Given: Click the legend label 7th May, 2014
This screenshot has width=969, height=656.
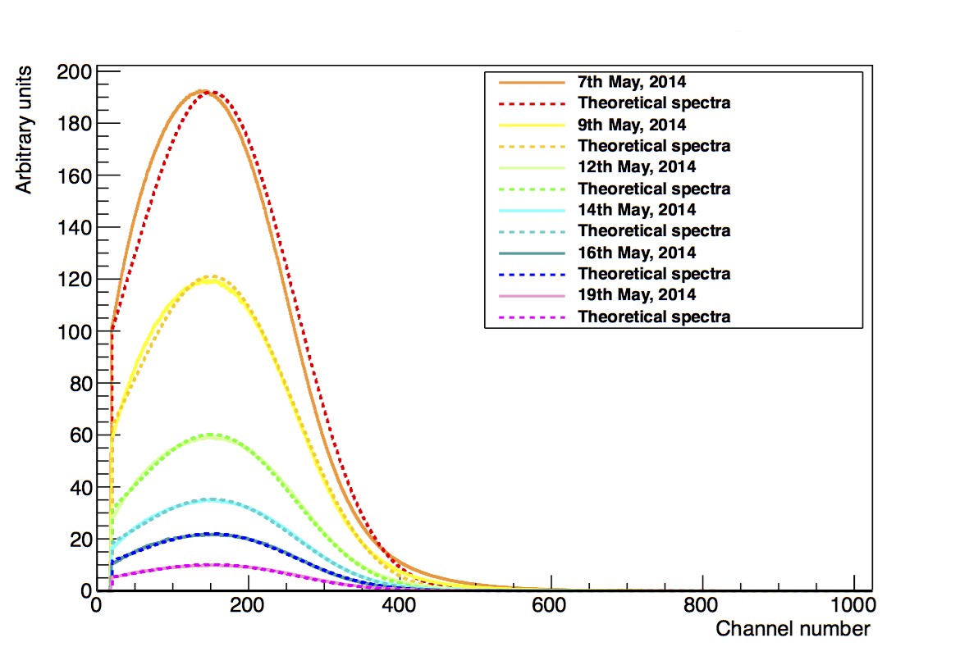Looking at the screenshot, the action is pos(632,81).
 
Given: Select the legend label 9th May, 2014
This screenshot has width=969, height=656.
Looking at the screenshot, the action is pos(632,125).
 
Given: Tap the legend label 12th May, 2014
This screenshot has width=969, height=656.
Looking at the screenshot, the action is pos(637,166).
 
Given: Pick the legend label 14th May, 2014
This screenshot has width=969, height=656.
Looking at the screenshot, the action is pos(637,210).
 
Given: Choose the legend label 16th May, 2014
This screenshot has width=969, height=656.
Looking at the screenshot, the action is pos(637,253).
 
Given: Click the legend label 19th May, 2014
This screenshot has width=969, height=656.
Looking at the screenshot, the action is pos(637,294).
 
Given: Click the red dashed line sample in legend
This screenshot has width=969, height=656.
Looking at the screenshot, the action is pos(532,104).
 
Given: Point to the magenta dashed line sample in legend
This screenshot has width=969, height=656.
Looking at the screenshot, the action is pos(532,317).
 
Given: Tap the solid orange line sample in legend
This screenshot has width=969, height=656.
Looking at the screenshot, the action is pos(532,82).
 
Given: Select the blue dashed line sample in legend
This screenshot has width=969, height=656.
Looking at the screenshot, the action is pos(532,274).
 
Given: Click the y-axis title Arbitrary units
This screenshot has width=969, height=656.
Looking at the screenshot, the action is pos(24,130).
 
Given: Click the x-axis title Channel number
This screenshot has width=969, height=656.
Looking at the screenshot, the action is pos(793,629).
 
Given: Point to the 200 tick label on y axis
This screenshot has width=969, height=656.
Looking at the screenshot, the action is pos(74,72).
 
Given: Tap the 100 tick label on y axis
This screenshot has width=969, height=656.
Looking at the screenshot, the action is pos(74,332).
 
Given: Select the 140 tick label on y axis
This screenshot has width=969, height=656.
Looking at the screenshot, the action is pos(74,228).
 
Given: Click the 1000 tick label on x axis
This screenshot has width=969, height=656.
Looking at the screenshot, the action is pos(852,604).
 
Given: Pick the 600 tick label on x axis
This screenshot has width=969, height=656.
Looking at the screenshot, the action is pos(549,604).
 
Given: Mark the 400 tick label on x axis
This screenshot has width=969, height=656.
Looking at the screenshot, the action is pos(399,604).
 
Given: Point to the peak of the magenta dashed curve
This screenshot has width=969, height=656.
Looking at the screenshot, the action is pos(213,565).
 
